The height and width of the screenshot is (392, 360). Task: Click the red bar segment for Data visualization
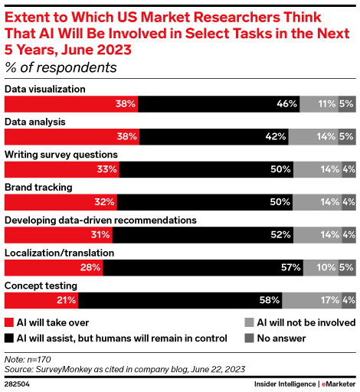coord(71,103)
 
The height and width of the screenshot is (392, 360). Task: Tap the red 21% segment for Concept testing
coord(41,300)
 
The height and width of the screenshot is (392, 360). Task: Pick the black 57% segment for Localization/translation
coord(203,267)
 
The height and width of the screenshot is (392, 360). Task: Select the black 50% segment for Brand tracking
coord(205,202)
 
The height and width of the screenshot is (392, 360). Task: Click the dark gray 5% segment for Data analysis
coord(347,136)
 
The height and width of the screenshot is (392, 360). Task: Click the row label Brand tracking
coord(38,187)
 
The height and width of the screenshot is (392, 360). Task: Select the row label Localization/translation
coord(60,252)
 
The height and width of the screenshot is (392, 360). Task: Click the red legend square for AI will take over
coord(9,323)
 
